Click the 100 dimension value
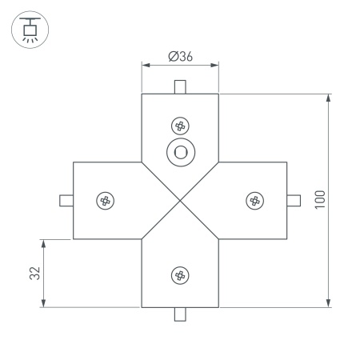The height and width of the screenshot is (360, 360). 319,200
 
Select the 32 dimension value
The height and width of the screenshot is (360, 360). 34,273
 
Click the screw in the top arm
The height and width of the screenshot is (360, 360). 180,126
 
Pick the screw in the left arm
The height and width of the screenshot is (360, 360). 105,200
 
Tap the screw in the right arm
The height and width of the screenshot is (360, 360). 254,200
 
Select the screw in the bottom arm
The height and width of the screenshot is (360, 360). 180,275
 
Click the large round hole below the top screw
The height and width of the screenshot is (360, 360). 180,152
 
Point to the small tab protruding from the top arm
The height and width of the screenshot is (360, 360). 180,86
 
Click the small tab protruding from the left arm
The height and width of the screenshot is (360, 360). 66,200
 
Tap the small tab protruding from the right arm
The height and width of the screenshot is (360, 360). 294,200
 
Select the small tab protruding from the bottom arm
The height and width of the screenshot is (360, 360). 180,314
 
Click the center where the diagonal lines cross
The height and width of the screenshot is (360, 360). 180,200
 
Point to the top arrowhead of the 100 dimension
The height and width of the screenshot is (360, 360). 329,98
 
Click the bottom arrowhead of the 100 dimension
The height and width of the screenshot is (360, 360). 329,303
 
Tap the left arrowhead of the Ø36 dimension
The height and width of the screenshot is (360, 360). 145,66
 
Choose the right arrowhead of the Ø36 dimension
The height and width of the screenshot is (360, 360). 215,66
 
